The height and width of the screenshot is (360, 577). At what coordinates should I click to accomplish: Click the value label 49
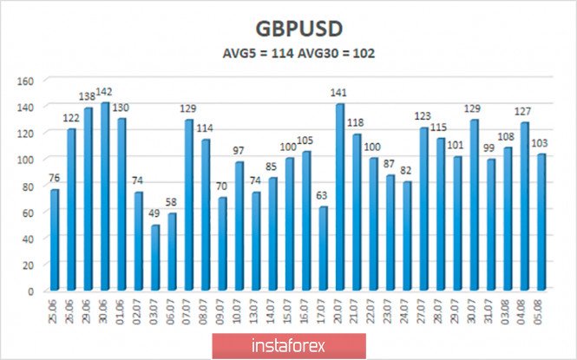(155, 217)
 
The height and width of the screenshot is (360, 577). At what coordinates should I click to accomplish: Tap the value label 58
(173, 205)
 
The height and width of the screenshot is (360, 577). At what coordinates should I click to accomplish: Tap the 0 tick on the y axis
(30, 291)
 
